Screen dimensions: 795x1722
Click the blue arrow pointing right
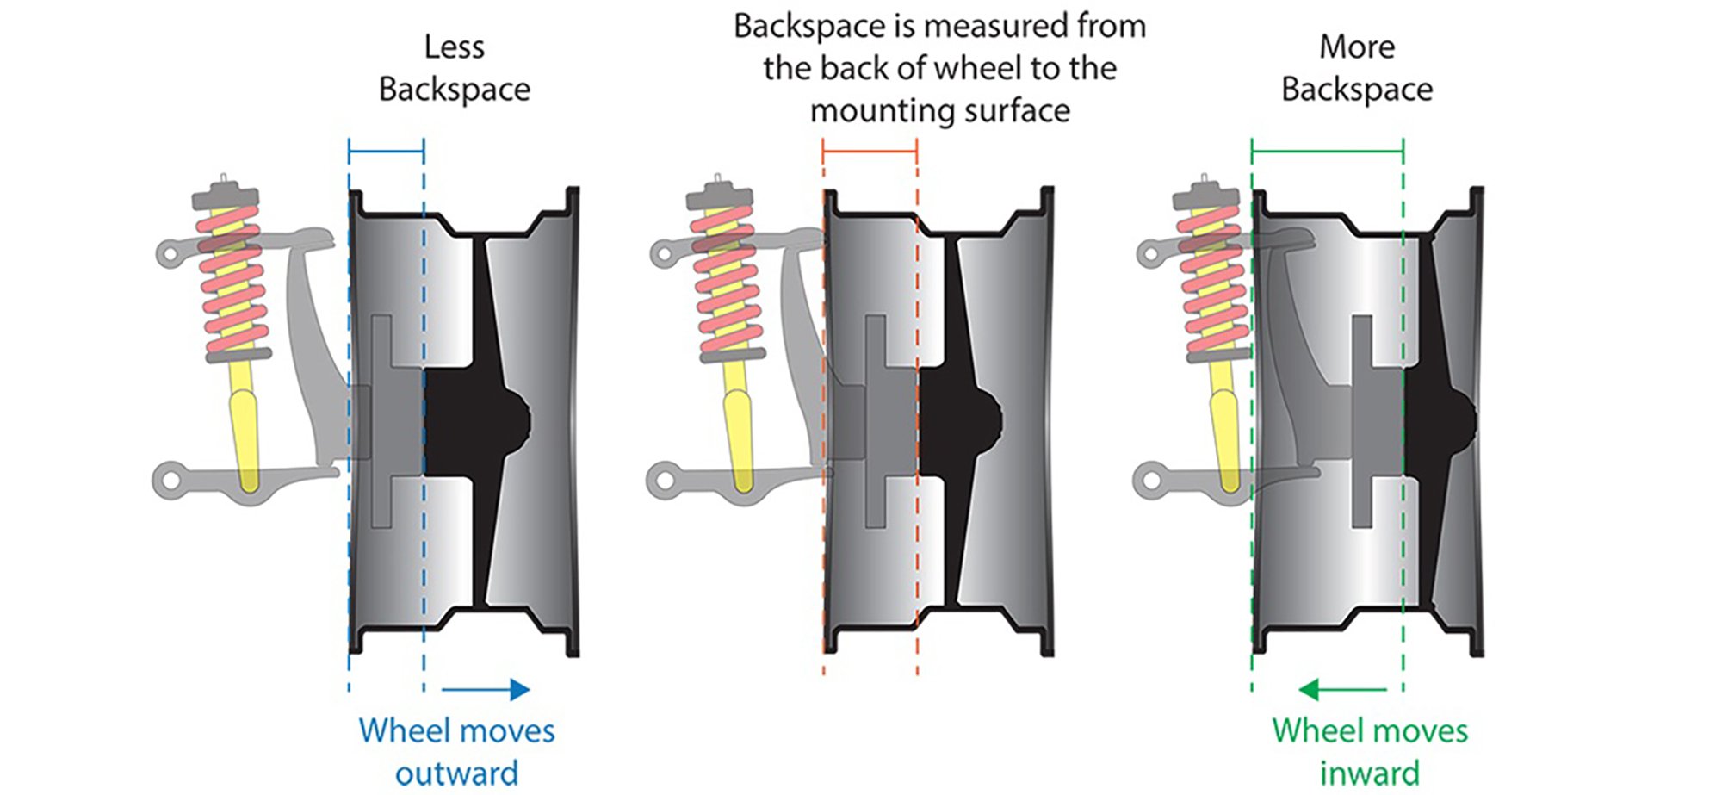point(486,689)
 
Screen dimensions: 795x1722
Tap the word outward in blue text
point(456,773)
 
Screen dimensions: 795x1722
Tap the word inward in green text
point(1369,773)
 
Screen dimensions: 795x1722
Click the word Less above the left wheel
point(454,47)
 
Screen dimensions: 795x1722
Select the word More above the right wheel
point(1357,47)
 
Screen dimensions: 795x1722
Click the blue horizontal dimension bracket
point(386,152)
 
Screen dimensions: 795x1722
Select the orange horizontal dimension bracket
point(870,152)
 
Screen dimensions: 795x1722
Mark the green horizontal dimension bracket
point(1327,152)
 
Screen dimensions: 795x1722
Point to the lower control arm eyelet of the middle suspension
point(664,479)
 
